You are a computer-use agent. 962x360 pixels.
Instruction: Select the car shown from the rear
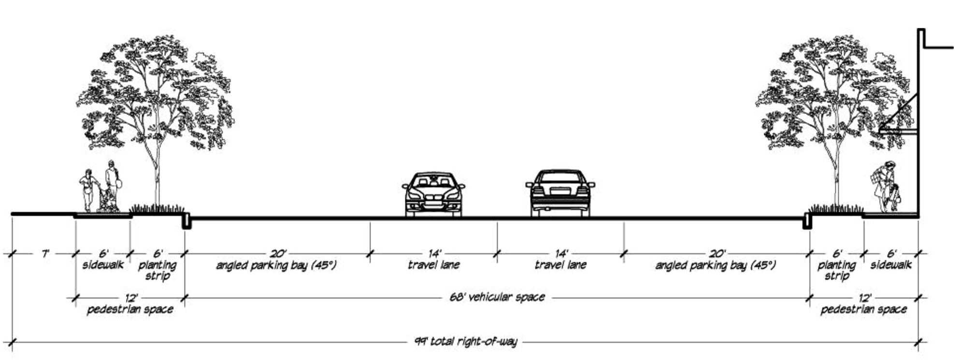[560, 193]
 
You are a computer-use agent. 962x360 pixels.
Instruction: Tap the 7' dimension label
[45, 253]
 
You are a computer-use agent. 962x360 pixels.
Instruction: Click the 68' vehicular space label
[497, 297]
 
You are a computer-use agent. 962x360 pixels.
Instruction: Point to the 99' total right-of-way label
[466, 342]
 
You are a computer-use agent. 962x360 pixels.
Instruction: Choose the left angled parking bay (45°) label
[276, 265]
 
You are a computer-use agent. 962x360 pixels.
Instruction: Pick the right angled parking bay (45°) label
[715, 265]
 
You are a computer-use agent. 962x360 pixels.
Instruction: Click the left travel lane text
[433, 265]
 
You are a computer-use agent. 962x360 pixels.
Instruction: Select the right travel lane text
[560, 265]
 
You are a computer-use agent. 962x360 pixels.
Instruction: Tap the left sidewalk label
[103, 265]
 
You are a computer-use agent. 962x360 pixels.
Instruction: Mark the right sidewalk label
[891, 265]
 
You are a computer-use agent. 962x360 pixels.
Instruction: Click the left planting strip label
[158, 271]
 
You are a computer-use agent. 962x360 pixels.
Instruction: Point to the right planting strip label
[837, 271]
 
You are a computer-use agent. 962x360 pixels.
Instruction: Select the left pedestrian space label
[130, 309]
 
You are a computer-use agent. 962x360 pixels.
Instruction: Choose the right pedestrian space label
[863, 309]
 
